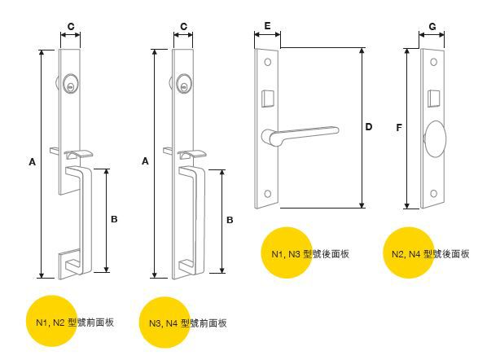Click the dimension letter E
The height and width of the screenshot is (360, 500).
coord(267,27)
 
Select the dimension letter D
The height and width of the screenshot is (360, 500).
coord(369,127)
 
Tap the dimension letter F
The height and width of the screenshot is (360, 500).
coord(398,127)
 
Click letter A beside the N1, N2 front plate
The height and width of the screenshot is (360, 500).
coord(32,162)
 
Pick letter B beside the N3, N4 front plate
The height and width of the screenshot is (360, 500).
coord(230,220)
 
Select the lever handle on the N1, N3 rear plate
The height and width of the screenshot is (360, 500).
coord(301,132)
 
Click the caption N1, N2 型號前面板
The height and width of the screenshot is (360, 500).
coord(74,323)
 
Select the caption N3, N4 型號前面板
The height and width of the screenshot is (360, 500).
coord(187,323)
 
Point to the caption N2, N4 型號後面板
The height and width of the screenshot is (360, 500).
coord(430,254)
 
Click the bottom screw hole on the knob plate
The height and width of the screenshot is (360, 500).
coord(434,194)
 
